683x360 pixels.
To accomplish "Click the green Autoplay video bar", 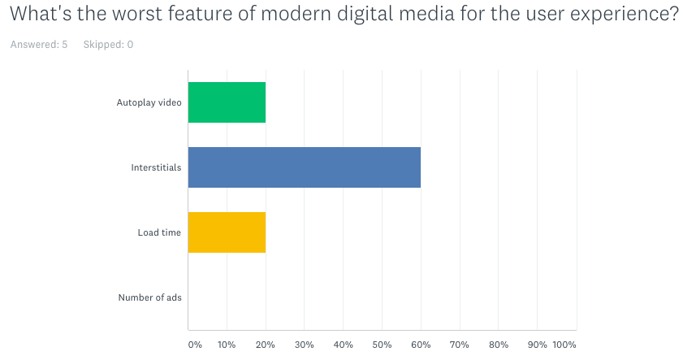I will tap(227, 102).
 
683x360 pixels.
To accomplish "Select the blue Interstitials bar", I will tap(304, 167).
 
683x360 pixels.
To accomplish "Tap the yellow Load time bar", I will tap(227, 232).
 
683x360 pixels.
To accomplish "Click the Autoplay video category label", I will tap(149, 102).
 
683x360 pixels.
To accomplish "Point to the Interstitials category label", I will tap(156, 167).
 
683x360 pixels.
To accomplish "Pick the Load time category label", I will tap(159, 232).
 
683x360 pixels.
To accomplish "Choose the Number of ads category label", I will tap(149, 297).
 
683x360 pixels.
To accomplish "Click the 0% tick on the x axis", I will tap(195, 345).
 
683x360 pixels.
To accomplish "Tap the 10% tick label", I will tap(227, 345).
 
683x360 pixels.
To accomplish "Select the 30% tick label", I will tap(304, 345).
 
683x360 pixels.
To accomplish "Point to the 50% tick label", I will tap(382, 345).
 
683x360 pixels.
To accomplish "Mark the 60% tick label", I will tap(421, 345).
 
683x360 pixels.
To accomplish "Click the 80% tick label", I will tap(499, 345).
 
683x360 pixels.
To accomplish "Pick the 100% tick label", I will tap(564, 345).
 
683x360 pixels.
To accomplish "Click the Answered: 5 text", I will tap(39, 45).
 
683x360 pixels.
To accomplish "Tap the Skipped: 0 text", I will tap(108, 45).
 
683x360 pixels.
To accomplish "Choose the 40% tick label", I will tap(343, 345).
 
